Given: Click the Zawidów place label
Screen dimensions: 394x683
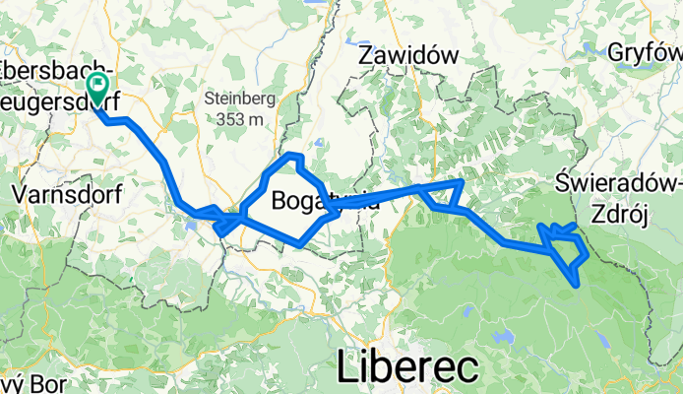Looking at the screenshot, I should pos(408,56).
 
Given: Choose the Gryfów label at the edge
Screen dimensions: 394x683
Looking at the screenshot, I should pos(646,52).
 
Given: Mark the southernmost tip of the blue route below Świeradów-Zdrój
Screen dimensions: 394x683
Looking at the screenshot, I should pos(575,285).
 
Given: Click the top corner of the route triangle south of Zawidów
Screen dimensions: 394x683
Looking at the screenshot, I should pos(461,183).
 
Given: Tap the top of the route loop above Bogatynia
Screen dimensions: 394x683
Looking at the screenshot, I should pos(291,157).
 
